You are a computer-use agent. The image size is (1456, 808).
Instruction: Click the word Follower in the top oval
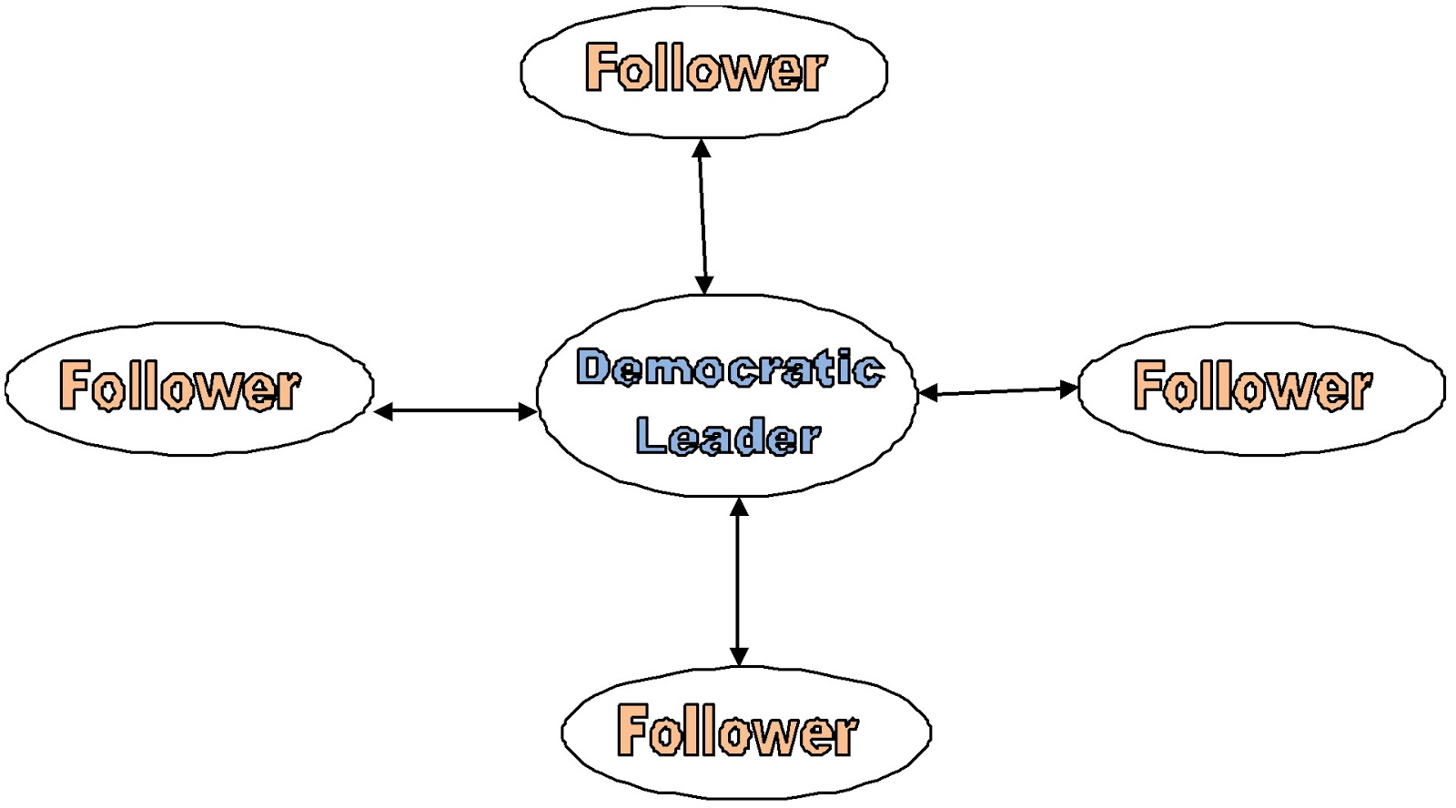(x=705, y=68)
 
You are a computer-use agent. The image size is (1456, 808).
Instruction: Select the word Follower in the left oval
(x=179, y=386)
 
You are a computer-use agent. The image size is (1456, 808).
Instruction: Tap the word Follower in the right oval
(x=1252, y=386)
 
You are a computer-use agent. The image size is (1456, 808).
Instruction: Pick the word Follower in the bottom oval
(x=736, y=730)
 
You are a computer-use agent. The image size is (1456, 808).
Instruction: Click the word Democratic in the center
(x=729, y=368)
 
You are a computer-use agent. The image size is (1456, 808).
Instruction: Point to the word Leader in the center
(x=727, y=437)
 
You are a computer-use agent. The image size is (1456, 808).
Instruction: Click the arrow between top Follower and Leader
(x=702, y=217)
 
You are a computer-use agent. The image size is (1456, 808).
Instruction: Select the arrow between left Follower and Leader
(x=455, y=412)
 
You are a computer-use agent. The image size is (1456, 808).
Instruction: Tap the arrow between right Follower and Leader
(x=998, y=391)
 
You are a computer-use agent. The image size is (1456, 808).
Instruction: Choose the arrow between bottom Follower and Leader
(x=739, y=581)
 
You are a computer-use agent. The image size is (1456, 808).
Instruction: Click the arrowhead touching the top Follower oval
(x=701, y=148)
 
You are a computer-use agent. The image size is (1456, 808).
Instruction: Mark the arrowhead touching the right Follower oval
(x=1068, y=389)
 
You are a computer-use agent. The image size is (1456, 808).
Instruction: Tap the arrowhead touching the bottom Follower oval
(x=739, y=656)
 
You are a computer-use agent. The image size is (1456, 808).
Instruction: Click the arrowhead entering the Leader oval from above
(x=703, y=285)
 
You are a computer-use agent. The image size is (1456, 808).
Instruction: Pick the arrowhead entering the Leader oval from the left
(x=527, y=412)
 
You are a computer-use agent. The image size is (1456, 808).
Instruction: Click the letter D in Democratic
(x=593, y=368)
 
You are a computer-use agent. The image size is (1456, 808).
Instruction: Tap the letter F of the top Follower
(x=599, y=67)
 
